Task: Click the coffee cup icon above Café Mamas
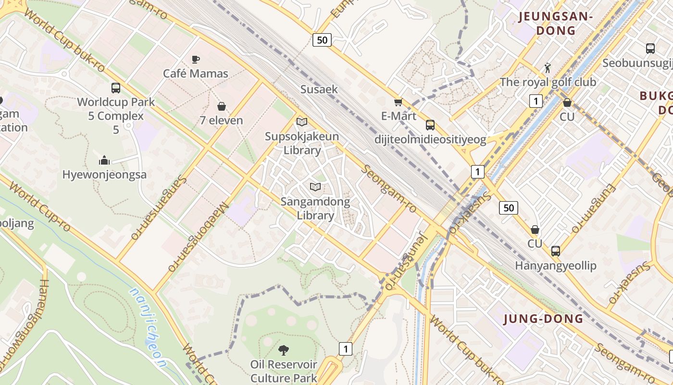195,59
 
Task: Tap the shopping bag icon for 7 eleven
222,106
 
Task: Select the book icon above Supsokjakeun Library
301,122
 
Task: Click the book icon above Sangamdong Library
315,187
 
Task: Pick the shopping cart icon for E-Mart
398,102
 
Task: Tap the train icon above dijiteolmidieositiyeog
430,125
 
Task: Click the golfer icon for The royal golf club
548,67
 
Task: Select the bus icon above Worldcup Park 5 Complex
116,88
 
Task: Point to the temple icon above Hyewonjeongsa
104,160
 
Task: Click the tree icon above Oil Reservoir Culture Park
284,350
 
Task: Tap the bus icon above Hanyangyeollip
556,251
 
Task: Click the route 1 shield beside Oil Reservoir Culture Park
345,348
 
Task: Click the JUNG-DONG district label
543,319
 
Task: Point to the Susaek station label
319,89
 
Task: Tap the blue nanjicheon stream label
149,327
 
